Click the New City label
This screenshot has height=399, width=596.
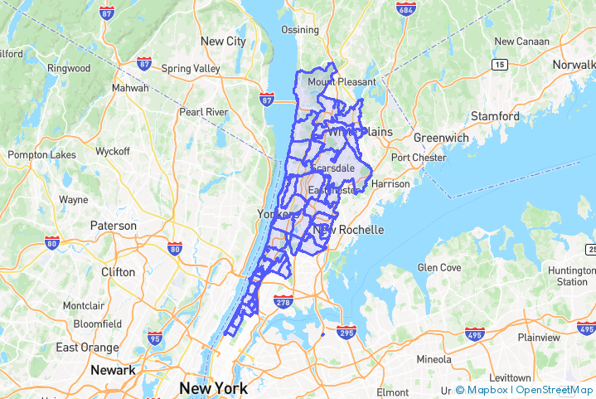[223, 41]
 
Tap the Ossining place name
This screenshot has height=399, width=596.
[299, 30]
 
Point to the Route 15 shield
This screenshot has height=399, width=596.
[499, 64]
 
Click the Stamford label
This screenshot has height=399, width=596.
[497, 116]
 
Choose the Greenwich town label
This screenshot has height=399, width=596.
[441, 137]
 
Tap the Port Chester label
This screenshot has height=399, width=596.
[419, 158]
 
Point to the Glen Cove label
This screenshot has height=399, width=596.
[439, 267]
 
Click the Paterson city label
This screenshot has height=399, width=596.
[114, 226]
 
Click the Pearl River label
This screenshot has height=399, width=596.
[204, 111]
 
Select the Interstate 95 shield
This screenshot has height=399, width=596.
[155, 338]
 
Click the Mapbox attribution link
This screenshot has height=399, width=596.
[487, 390]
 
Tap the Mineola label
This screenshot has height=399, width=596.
[434, 359]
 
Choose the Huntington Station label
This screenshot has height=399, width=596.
[572, 276]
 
